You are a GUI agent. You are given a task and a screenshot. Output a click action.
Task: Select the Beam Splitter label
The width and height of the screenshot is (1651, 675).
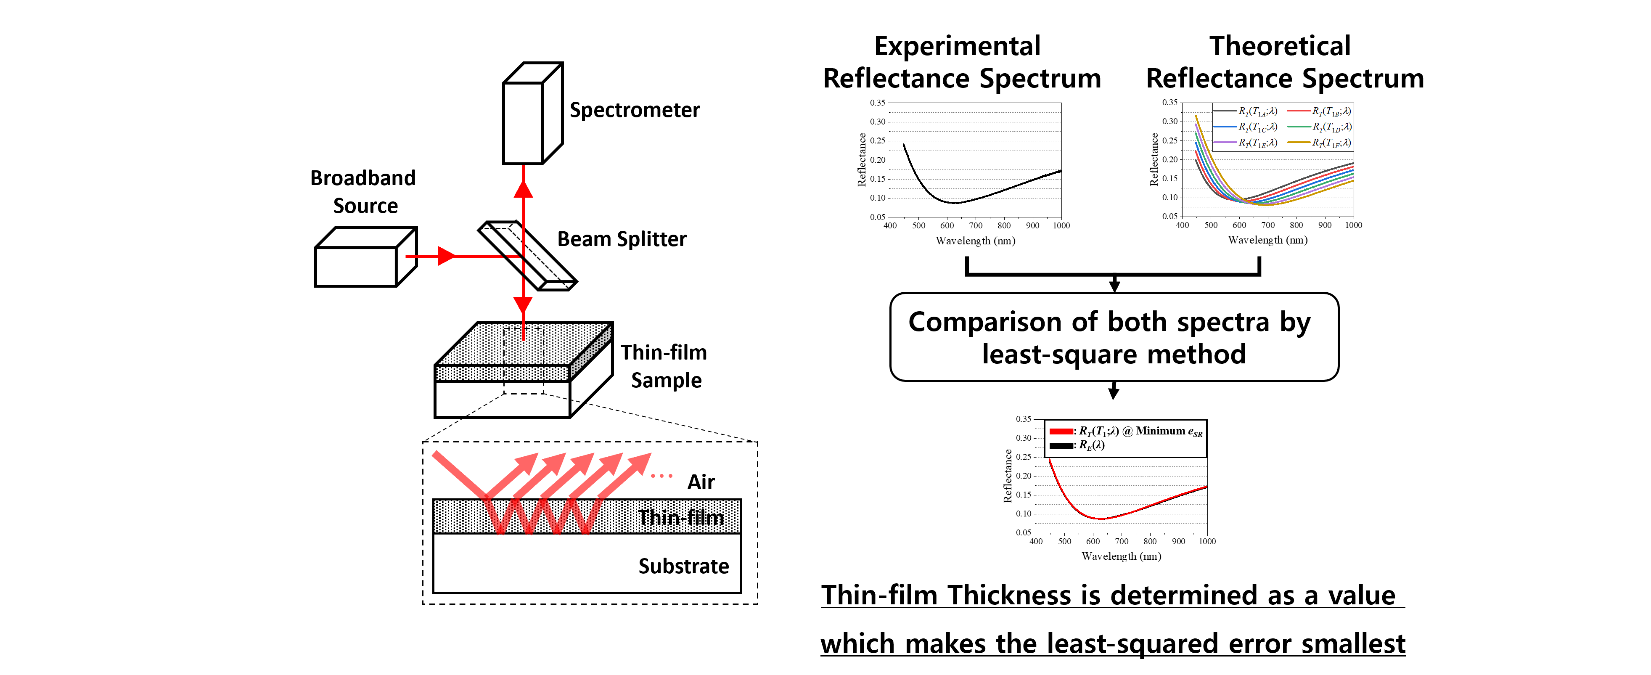point(621,239)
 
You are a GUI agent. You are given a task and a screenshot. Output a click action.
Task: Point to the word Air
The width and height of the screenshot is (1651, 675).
point(701,482)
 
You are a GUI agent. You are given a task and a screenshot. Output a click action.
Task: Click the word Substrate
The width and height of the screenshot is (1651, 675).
point(683,566)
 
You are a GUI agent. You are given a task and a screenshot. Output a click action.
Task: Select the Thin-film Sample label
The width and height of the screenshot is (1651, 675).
point(664,366)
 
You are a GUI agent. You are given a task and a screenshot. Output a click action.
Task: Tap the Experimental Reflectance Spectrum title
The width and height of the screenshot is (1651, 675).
point(961,62)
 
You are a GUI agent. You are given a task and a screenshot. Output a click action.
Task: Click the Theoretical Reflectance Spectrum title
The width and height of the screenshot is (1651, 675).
point(1284,62)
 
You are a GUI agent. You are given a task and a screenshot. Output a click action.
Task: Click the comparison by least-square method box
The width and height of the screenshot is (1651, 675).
point(1114,337)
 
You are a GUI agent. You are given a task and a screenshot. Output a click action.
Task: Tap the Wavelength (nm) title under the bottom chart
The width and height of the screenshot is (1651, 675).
point(1121,556)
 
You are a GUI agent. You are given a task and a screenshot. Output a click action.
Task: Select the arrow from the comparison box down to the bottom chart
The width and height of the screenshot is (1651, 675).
point(1114,390)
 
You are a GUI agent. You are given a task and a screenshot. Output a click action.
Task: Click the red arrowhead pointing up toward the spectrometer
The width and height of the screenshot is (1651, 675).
point(524,189)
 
